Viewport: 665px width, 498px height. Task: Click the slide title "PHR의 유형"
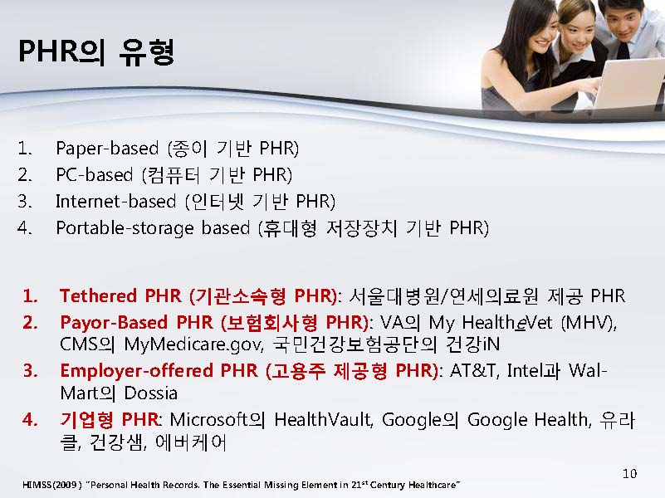[96, 52]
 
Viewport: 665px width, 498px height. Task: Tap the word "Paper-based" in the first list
[107, 149]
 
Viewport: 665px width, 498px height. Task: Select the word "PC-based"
[94, 174]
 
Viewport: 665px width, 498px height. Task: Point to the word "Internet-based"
[115, 202]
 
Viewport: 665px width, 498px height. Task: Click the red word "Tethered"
[98, 295]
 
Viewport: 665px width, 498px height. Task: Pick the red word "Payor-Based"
[114, 323]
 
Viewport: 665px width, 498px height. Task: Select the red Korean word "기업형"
[86, 420]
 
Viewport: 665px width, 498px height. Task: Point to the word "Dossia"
[150, 393]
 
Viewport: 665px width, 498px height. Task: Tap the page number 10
[630, 473]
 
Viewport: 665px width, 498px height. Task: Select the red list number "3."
[31, 371]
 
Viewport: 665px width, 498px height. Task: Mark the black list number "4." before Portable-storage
[25, 228]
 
